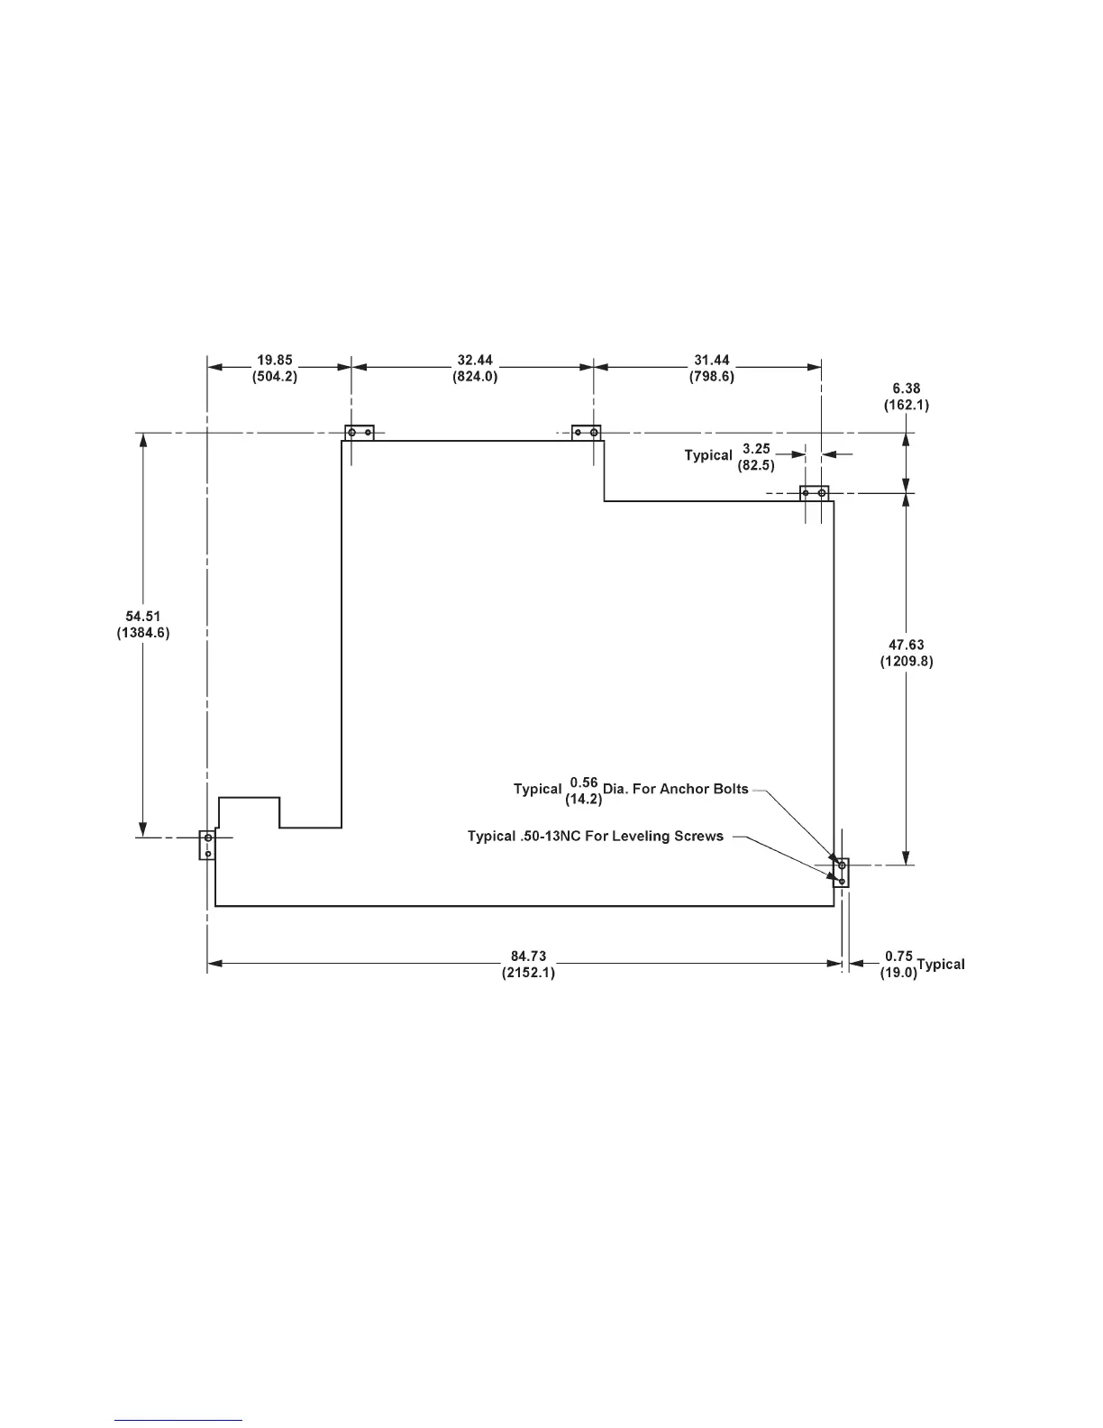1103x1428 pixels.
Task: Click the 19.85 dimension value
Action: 274,361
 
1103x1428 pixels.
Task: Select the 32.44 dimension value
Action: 475,361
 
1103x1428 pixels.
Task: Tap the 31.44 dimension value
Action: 712,361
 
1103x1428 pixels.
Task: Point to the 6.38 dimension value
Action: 906,389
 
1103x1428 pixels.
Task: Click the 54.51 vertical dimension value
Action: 142,617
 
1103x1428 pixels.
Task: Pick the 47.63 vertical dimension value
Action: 906,645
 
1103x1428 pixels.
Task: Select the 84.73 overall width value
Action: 528,957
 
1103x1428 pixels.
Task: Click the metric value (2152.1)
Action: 528,974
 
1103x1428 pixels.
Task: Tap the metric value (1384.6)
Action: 142,634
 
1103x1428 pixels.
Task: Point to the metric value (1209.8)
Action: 906,662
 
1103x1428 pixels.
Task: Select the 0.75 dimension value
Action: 898,956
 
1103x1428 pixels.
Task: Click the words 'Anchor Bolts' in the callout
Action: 704,789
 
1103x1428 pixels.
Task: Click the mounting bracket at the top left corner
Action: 359,433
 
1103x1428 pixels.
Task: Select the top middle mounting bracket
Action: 587,433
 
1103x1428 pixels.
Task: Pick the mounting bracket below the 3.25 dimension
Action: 814,494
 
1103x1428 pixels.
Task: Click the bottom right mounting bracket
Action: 841,873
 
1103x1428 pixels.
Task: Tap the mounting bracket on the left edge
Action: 207,845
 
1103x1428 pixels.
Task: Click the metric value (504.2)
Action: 274,378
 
